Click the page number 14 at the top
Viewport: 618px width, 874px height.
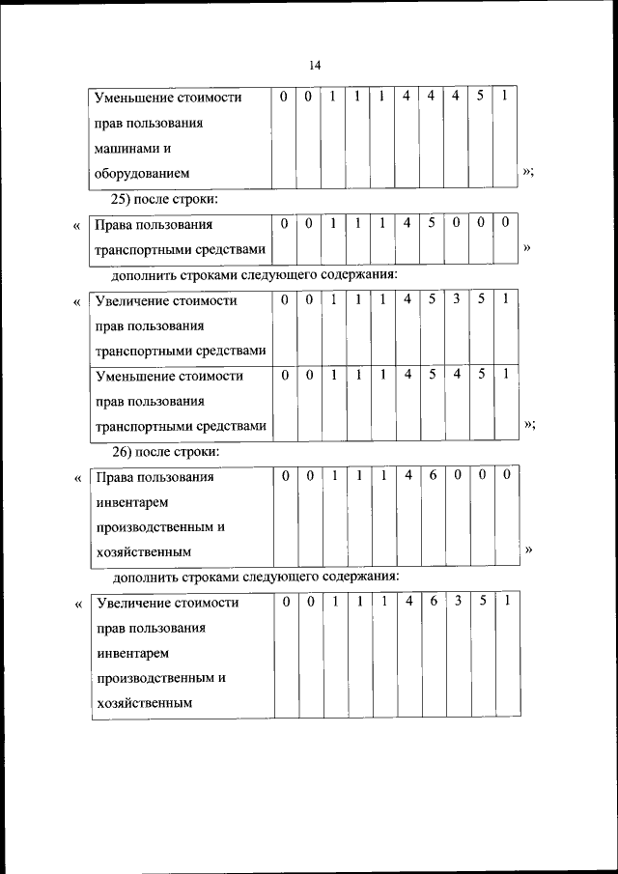315,65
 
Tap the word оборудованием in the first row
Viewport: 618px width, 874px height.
142,174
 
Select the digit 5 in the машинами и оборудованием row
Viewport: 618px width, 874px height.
479,97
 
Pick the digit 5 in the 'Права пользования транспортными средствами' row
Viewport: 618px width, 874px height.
433,224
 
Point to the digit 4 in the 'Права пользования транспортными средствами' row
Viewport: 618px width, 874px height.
407,224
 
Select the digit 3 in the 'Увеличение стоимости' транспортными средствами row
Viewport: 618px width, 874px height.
457,299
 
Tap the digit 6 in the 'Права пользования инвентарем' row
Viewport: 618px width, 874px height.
433,476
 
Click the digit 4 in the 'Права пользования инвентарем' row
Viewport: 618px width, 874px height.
407,476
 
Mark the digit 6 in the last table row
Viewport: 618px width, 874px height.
434,602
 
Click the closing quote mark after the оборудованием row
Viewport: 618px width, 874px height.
528,172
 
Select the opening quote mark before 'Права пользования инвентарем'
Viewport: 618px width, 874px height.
77,477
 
